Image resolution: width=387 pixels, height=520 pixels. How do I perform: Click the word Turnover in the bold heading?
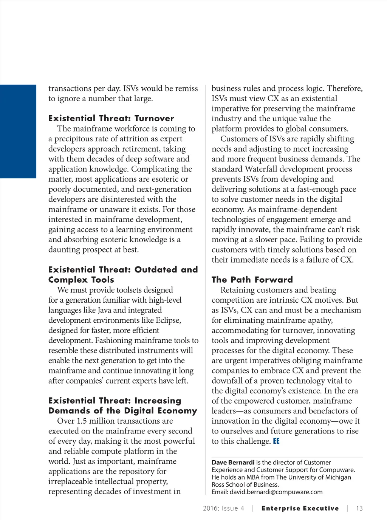154,119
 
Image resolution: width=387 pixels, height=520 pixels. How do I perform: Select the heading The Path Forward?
252,280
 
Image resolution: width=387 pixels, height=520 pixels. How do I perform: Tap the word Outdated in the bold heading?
156,270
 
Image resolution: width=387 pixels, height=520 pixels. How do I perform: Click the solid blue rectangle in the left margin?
18,131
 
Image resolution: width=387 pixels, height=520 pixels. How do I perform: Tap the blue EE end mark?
276,441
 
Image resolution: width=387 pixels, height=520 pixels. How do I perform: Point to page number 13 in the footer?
359,509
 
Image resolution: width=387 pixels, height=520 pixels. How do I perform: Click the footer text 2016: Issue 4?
223,509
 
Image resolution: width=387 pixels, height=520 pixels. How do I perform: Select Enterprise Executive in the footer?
300,509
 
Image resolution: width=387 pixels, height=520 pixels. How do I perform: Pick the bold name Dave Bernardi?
233,463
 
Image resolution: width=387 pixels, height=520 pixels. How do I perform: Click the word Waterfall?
260,169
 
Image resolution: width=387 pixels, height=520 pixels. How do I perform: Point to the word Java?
104,310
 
